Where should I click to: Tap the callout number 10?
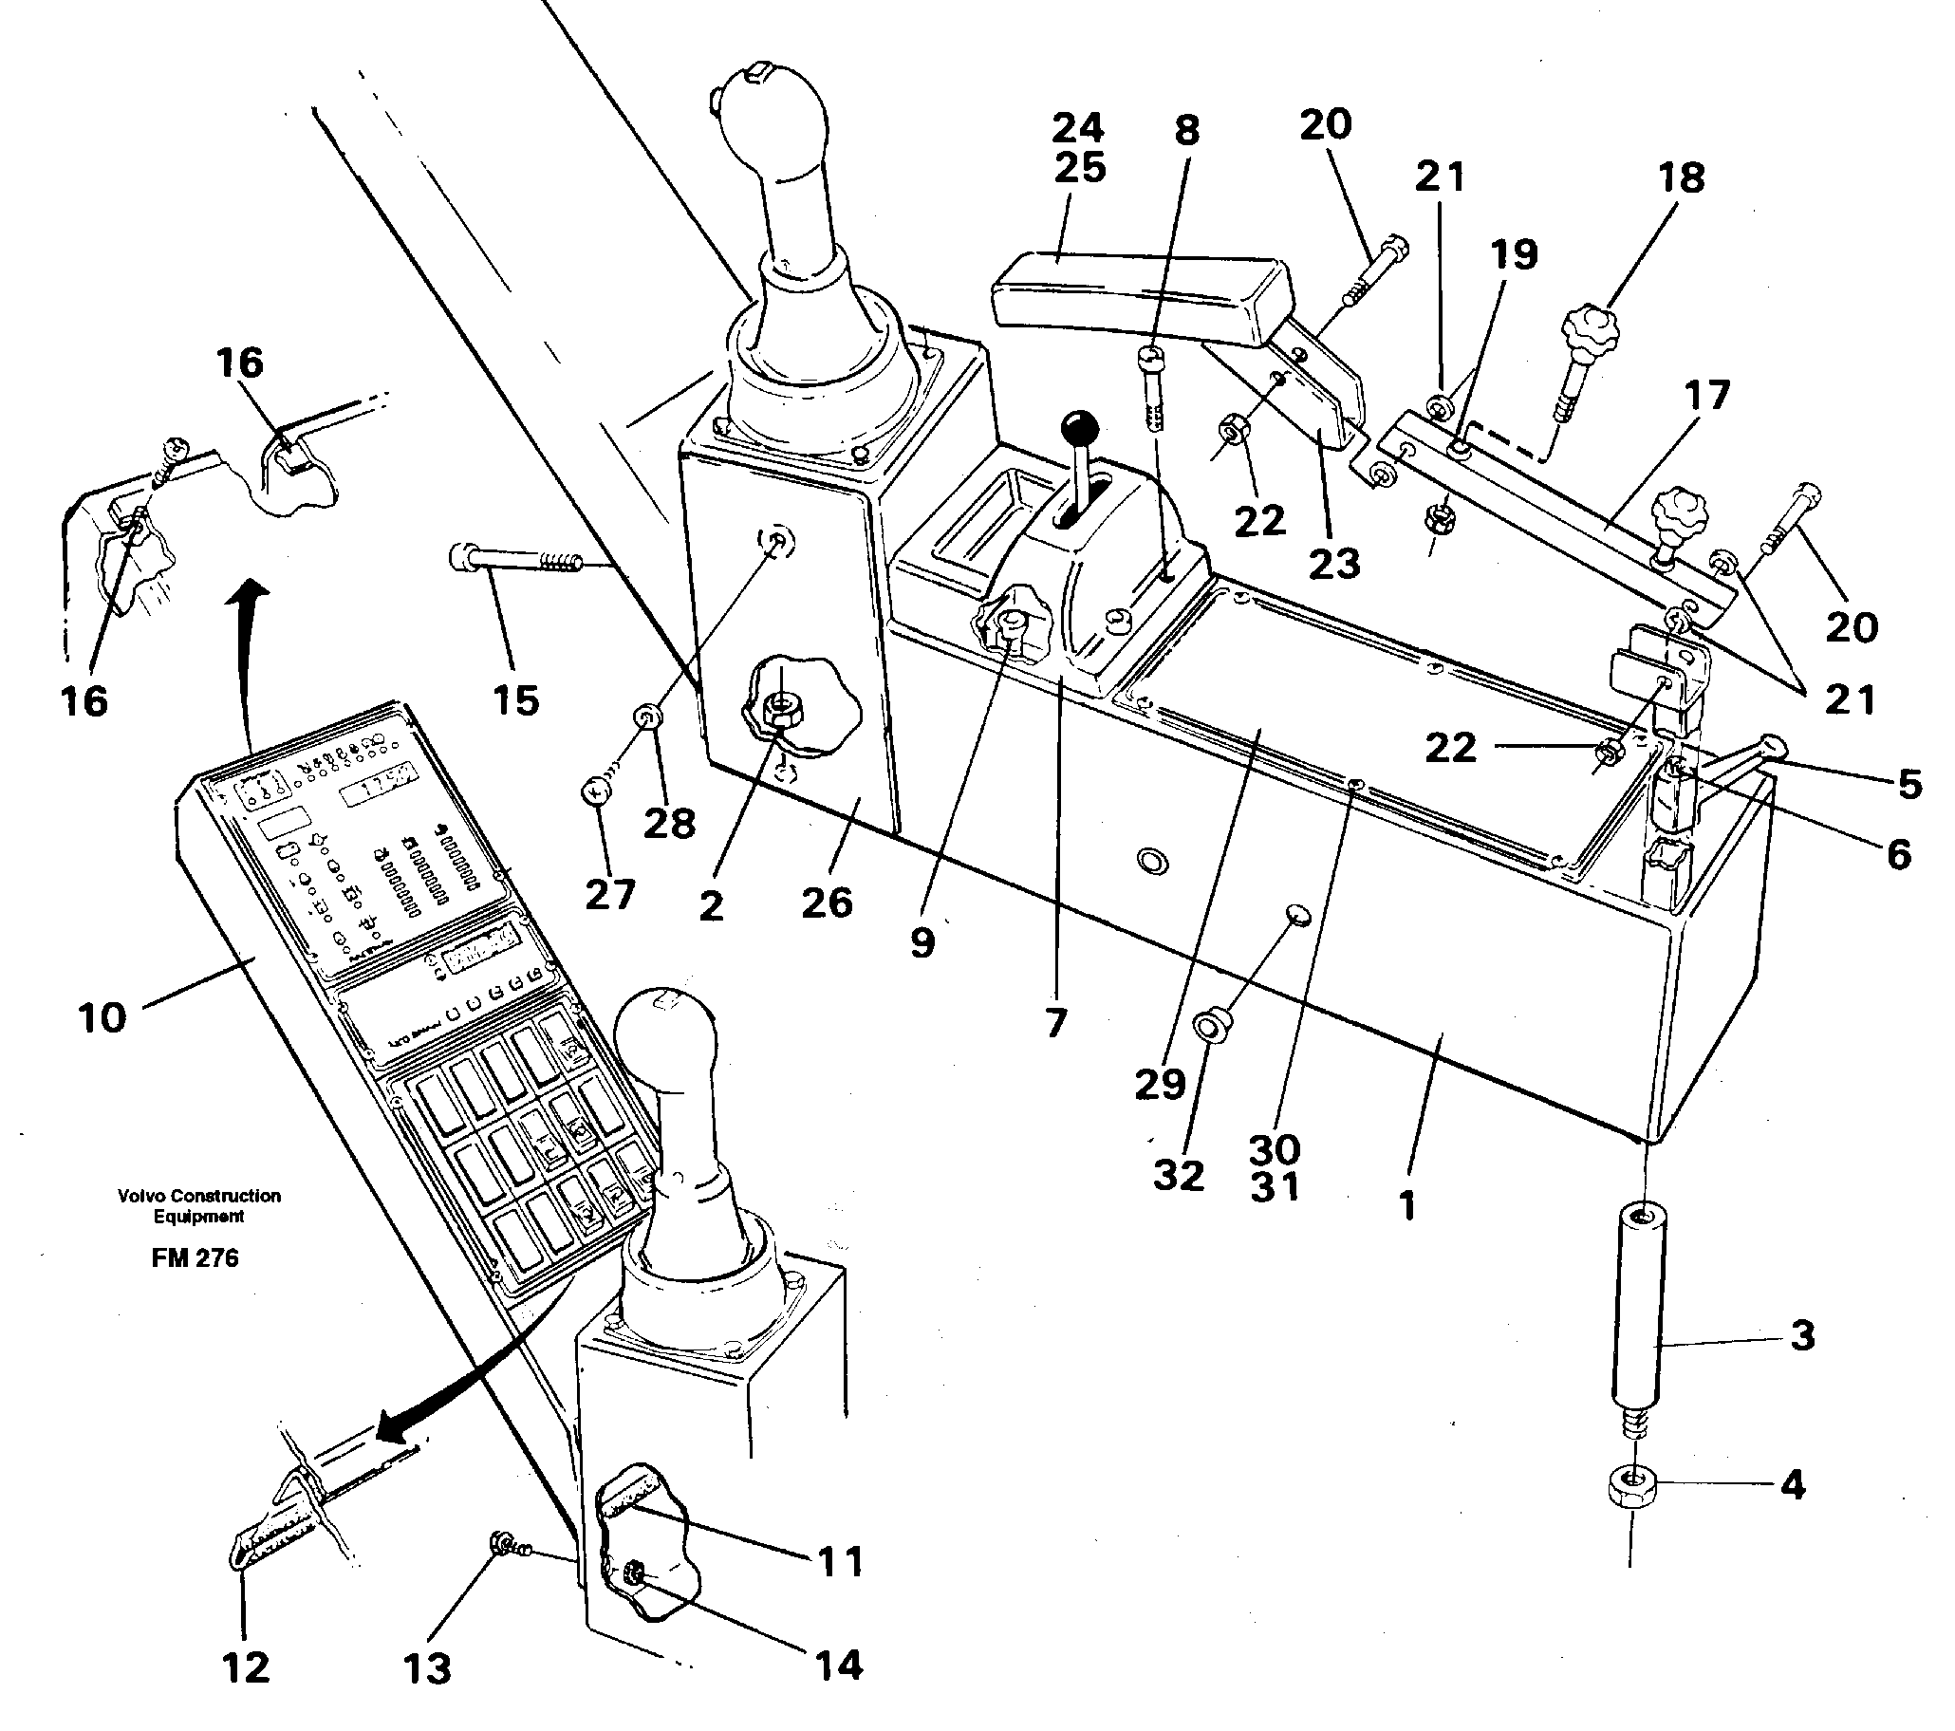click(x=102, y=1017)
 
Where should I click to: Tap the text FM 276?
click(x=195, y=1258)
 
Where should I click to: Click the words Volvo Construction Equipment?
click(x=199, y=1205)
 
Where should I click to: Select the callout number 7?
click(x=1054, y=1023)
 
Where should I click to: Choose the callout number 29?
click(x=1160, y=1084)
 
